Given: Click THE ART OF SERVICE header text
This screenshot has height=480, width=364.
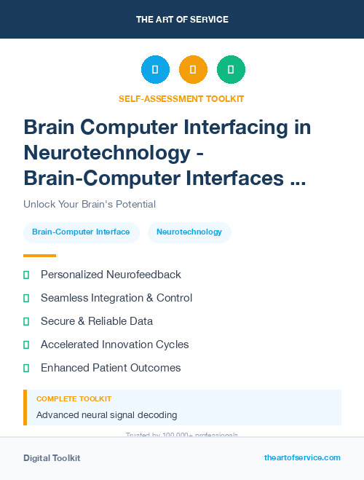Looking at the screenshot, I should click(x=182, y=20).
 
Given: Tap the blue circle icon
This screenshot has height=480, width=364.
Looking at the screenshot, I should click(x=155, y=70).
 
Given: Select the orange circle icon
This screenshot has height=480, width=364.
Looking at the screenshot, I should click(x=193, y=70).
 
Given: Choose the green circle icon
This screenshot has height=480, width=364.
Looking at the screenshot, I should click(x=231, y=70).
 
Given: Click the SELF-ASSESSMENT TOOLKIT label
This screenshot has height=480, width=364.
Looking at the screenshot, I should click(x=181, y=98).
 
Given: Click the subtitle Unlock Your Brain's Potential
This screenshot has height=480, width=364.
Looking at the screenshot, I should click(x=90, y=204).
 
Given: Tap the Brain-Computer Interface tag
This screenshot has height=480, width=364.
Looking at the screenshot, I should click(x=81, y=232).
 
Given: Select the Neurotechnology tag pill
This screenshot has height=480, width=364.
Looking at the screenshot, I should click(x=189, y=232).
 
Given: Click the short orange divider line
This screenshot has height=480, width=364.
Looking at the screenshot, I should click(x=39, y=256).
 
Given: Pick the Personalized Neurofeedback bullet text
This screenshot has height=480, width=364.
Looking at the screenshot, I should click(x=111, y=275).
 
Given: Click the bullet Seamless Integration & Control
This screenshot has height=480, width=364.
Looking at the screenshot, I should click(x=116, y=298).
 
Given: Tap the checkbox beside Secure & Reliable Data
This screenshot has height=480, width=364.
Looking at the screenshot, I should click(x=26, y=321).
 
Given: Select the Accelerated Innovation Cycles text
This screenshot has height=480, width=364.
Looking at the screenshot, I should click(x=114, y=345).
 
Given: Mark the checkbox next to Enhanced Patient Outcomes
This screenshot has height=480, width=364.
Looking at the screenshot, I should click(x=26, y=368).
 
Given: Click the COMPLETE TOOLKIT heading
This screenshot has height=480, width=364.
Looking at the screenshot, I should click(x=74, y=399).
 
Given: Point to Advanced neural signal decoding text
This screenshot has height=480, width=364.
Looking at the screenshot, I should click(x=106, y=415).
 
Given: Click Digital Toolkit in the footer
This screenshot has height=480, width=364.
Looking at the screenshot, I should click(x=52, y=458).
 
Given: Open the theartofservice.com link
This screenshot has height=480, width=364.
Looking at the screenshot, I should click(x=302, y=457).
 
